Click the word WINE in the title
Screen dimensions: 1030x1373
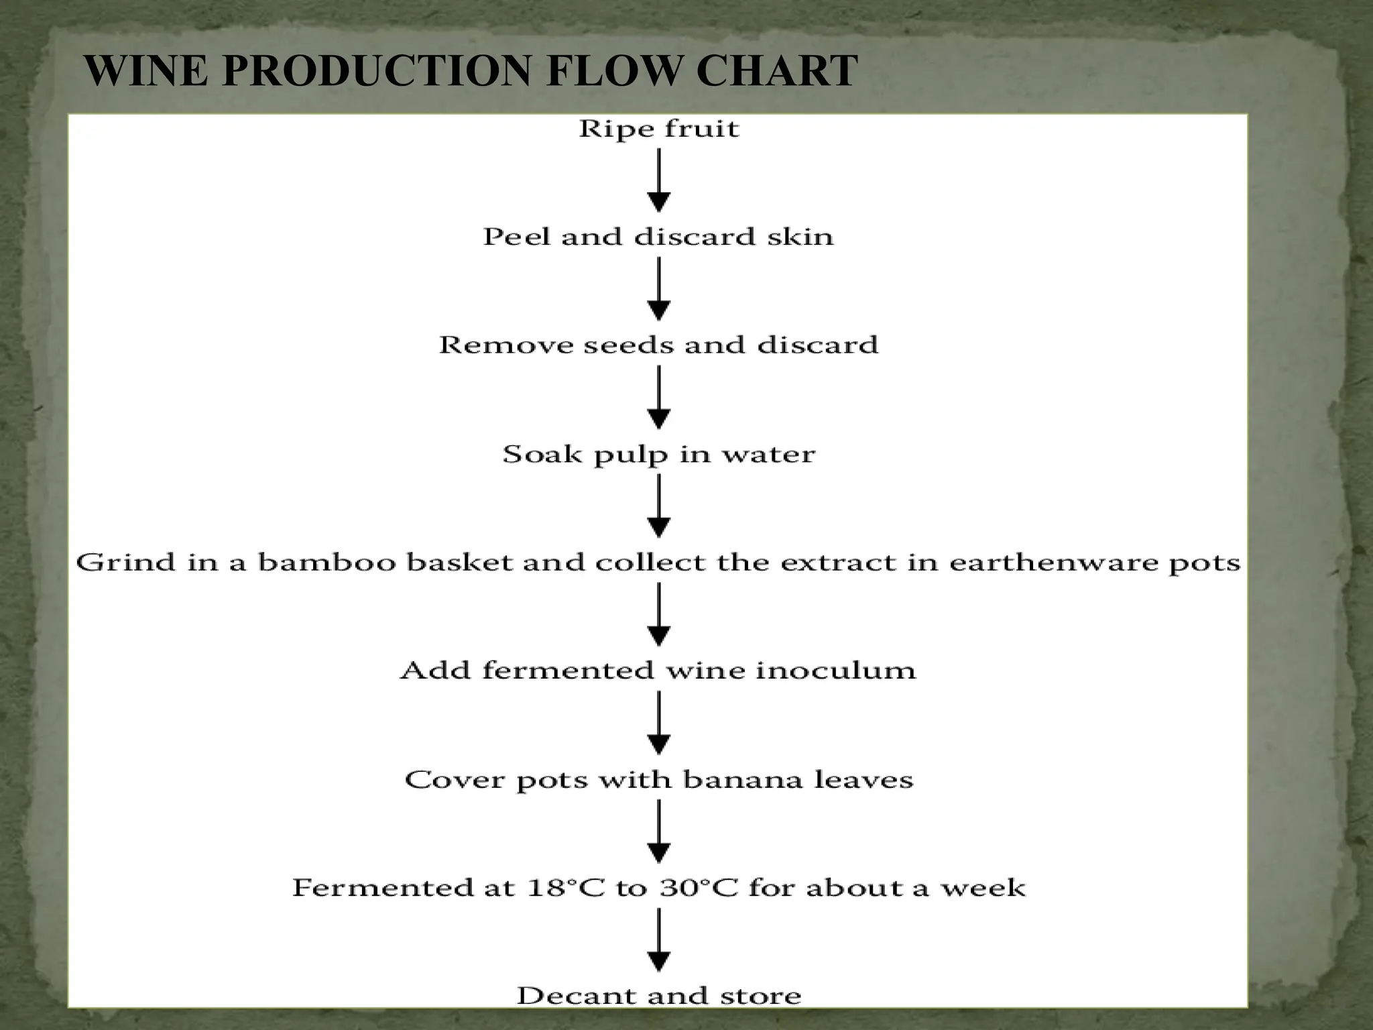click(146, 70)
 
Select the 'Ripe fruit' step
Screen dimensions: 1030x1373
click(659, 128)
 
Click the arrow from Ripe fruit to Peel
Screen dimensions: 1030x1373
click(659, 180)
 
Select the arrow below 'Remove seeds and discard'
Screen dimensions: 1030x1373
click(659, 397)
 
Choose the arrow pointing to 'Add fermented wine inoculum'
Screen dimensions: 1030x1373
click(659, 614)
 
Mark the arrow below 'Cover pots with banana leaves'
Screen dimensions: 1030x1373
click(659, 832)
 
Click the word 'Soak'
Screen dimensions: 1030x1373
click(542, 455)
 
